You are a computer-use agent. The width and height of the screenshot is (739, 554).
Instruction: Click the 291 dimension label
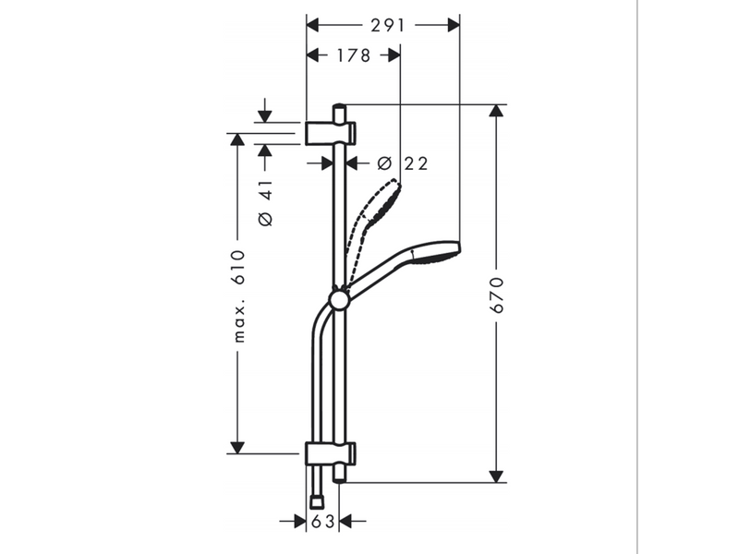click(x=387, y=26)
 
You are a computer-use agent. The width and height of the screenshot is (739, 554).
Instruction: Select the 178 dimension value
click(x=354, y=55)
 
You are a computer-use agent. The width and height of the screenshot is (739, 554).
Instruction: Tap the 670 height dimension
click(x=497, y=295)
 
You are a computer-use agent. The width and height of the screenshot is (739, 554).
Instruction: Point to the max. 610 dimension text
click(x=239, y=296)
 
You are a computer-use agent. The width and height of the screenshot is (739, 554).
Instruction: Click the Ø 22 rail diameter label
click(x=404, y=163)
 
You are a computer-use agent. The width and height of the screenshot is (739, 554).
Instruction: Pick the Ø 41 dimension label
click(x=265, y=202)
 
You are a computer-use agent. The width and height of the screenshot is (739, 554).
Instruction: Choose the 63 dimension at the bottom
click(x=322, y=522)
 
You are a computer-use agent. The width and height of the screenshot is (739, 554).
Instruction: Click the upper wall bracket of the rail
click(x=331, y=133)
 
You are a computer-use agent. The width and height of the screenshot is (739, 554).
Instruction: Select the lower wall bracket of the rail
click(x=331, y=454)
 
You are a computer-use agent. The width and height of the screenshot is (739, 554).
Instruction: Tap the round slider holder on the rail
click(x=339, y=300)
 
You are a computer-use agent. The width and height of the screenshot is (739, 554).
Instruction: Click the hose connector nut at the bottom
click(x=317, y=501)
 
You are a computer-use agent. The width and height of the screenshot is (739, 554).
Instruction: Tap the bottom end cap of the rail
click(x=339, y=474)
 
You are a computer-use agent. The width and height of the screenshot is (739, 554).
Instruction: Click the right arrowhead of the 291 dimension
click(x=454, y=26)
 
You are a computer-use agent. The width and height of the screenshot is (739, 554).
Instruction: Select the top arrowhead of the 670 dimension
click(x=496, y=110)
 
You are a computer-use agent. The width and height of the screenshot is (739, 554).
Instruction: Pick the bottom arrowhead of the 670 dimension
click(x=496, y=476)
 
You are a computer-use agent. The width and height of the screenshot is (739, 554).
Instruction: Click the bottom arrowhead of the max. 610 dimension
click(x=237, y=448)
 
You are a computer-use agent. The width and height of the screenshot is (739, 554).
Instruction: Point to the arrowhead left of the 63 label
click(x=299, y=522)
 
